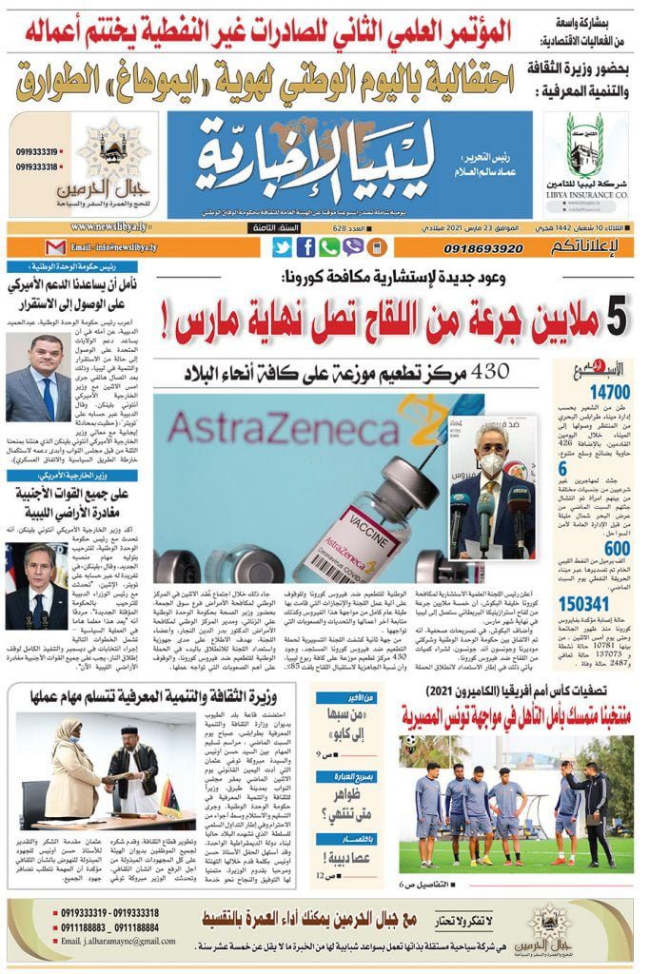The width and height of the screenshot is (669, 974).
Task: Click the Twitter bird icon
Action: pyautogui.click(x=282, y=247)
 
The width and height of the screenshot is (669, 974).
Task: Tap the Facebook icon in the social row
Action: pyautogui.click(x=305, y=247)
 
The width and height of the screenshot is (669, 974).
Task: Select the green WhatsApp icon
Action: pyautogui.click(x=328, y=247)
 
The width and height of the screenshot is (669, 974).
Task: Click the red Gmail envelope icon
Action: pyautogui.click(x=56, y=247)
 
